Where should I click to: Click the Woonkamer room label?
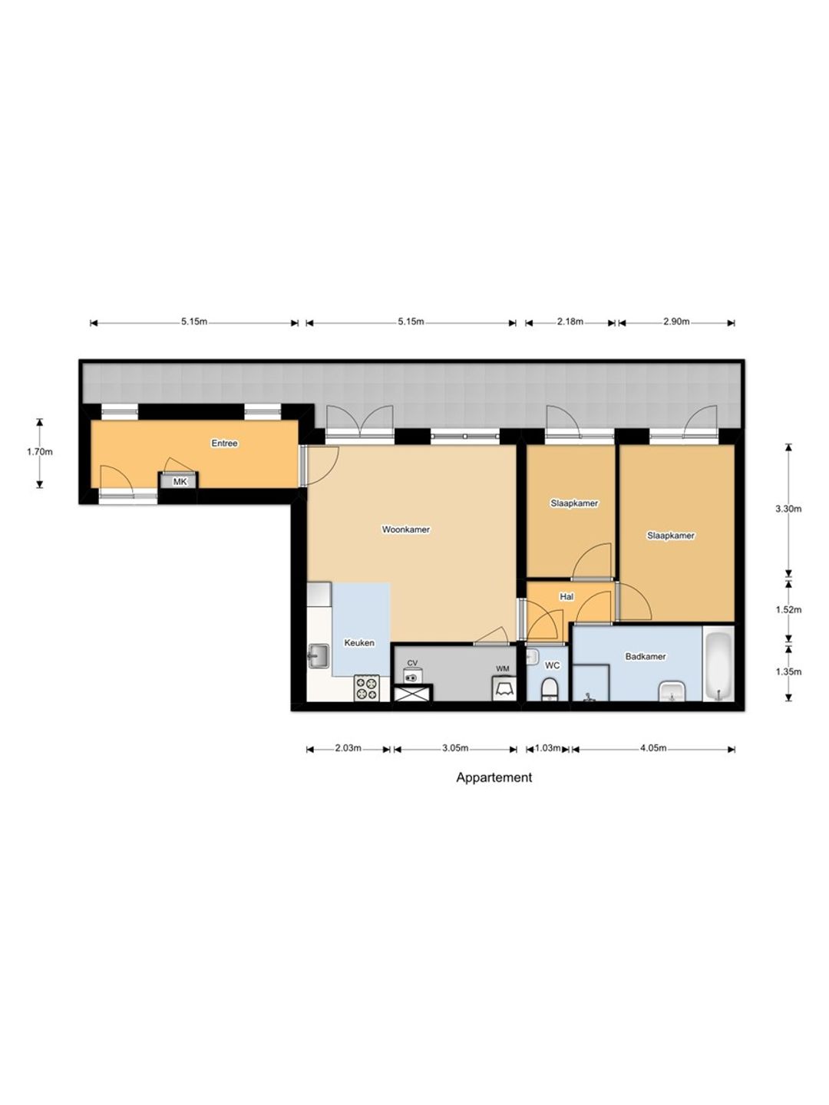click(x=406, y=529)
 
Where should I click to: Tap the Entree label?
click(x=224, y=444)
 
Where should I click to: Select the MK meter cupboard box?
click(x=180, y=482)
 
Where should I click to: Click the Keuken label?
click(x=359, y=643)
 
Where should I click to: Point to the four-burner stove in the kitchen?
click(x=366, y=688)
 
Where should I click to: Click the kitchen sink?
click(x=318, y=657)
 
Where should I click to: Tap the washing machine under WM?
click(x=503, y=688)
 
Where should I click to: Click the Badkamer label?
click(x=646, y=656)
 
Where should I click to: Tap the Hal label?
click(x=566, y=597)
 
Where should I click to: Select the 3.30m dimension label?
click(x=789, y=509)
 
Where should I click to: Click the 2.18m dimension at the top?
click(x=570, y=322)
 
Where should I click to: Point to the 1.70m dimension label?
click(x=40, y=451)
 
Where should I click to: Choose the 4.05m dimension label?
click(x=653, y=748)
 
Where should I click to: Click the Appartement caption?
click(x=494, y=778)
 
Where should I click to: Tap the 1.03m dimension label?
click(x=547, y=748)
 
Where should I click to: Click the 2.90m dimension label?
click(x=676, y=322)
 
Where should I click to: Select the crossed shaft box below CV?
click(x=412, y=693)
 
